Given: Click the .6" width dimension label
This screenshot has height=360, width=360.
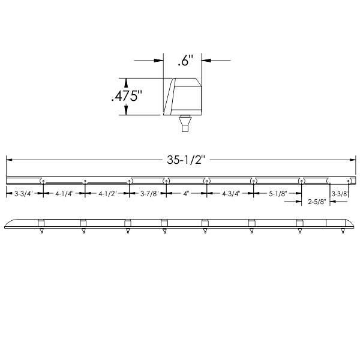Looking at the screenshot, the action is pos(185,61).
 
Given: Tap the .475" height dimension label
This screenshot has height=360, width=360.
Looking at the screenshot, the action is pos(127,96).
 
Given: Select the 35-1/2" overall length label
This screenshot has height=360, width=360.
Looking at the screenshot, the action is pos(185,160).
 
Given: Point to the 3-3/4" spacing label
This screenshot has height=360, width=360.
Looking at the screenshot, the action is pos(24,194).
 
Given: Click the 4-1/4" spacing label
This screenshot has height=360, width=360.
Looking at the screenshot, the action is pos(65,194).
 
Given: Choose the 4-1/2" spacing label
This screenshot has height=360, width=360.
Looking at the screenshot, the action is pos(107,194).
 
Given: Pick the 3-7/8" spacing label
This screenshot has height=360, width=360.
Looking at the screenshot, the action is pos(149,194).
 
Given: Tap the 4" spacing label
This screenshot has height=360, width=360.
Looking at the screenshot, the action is pos(186,194).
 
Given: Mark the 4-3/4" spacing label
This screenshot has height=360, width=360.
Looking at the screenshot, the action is pos(231,194).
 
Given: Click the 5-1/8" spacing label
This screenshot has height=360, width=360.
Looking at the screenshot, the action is pos(278,194).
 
